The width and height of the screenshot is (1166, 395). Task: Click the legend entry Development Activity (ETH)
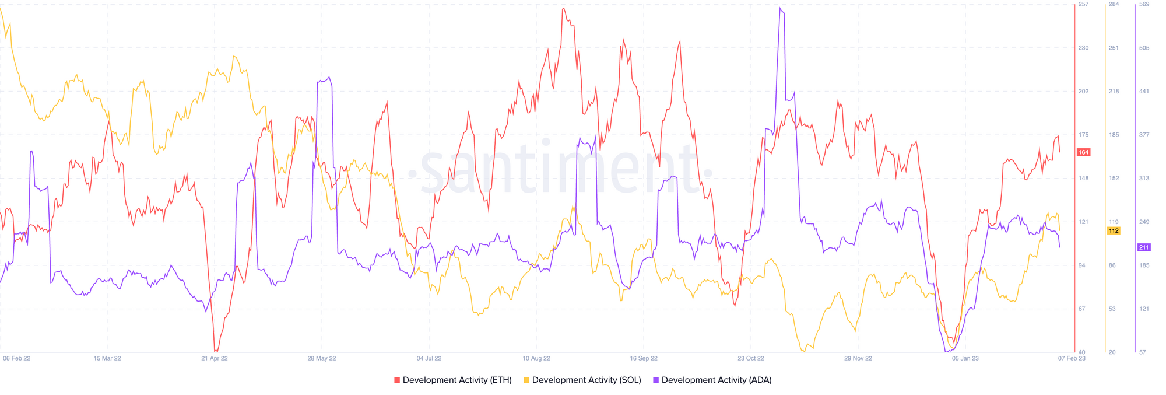[x=453, y=380]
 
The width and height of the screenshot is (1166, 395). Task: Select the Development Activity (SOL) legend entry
[x=582, y=380]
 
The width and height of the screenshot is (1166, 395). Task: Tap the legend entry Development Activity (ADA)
[x=712, y=380]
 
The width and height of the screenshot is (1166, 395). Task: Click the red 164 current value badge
[x=1083, y=152]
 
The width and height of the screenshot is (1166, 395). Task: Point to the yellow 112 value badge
[x=1113, y=231]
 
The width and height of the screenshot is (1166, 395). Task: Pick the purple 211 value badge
[x=1144, y=247]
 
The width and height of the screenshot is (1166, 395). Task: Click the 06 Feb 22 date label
[x=16, y=358]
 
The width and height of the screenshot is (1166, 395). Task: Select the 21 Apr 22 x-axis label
[x=215, y=358]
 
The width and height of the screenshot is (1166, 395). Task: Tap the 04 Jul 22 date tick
[x=429, y=358]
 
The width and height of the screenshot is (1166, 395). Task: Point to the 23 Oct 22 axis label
[x=751, y=358]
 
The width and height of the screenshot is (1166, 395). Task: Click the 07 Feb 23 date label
[x=1072, y=358]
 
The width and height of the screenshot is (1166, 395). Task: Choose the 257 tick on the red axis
[x=1083, y=5]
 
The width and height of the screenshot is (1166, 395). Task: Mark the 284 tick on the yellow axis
[x=1114, y=5]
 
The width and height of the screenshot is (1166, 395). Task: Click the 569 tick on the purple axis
[x=1144, y=5]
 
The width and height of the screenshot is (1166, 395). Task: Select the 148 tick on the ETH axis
[x=1083, y=179]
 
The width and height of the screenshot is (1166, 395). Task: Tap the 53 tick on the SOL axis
[x=1112, y=309]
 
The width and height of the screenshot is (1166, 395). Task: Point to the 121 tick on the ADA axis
[x=1144, y=309]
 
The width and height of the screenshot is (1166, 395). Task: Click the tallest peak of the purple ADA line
[x=780, y=9]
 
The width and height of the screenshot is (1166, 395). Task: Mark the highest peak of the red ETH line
[x=564, y=9]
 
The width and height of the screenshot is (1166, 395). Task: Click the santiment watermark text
[x=560, y=169]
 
